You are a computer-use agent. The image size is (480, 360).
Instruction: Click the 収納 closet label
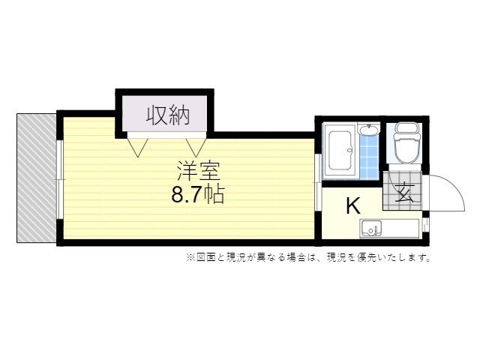[x=168, y=115]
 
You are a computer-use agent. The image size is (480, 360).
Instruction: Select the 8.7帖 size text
[x=198, y=194]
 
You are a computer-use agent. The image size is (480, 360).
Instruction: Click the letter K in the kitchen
[x=353, y=206]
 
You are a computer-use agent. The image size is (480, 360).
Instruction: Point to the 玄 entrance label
[x=404, y=193]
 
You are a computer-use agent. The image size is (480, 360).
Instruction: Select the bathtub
[x=340, y=151]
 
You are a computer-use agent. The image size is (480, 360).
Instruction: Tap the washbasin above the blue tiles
[x=370, y=130]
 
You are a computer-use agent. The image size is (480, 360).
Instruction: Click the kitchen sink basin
[x=371, y=228]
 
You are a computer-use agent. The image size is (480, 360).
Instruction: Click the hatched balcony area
[x=37, y=178]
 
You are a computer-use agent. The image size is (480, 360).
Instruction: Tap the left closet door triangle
[x=138, y=148]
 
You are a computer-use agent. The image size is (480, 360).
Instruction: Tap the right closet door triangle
[x=195, y=148]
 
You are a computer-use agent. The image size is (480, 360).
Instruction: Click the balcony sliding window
[x=60, y=179]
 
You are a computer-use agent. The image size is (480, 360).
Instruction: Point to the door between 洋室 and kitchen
[x=318, y=182]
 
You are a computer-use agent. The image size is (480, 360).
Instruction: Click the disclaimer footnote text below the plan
[x=308, y=257]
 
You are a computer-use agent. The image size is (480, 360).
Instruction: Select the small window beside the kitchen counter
[x=425, y=224]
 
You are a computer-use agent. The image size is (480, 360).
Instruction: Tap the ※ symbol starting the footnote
[x=190, y=257]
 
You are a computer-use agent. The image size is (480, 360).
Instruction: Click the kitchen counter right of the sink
[x=400, y=228]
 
